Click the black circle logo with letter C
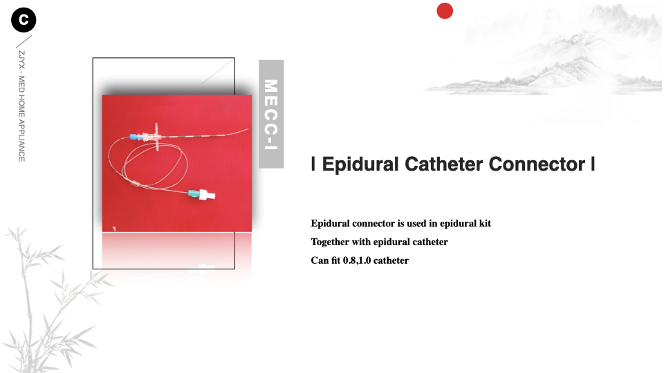coord(24,20)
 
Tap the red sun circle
coord(445,11)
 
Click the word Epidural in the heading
coord(360,164)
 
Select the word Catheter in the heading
coord(443,164)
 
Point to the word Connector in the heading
coord(537,164)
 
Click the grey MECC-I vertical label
coord(271,114)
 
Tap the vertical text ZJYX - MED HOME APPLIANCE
coord(21,106)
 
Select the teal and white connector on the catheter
coord(201,194)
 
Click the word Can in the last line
coord(320,260)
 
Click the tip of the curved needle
coord(248,129)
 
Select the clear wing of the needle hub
coord(157,137)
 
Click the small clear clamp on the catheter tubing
coord(135,184)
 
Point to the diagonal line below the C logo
coord(24,42)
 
